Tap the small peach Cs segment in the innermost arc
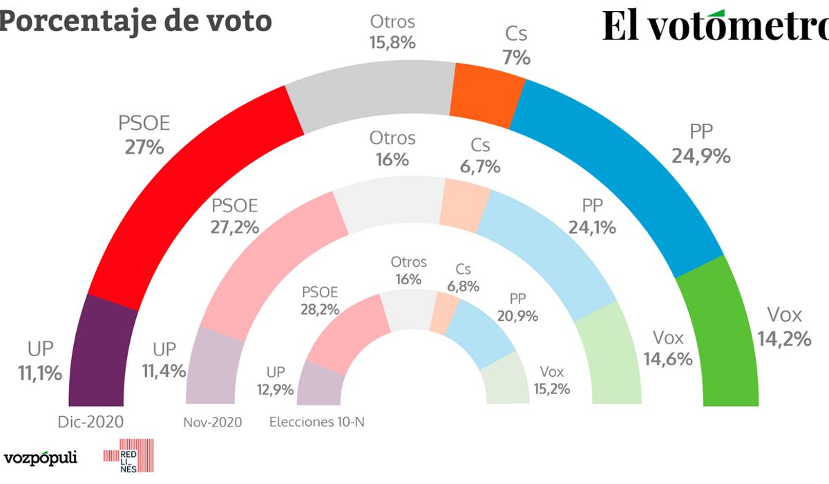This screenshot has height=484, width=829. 445,312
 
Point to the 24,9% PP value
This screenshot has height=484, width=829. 701,156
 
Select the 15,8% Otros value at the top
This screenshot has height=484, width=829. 392,42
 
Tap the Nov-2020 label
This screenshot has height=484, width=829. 213,422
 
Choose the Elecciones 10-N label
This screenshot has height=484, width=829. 316,422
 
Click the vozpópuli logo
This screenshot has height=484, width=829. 40,458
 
